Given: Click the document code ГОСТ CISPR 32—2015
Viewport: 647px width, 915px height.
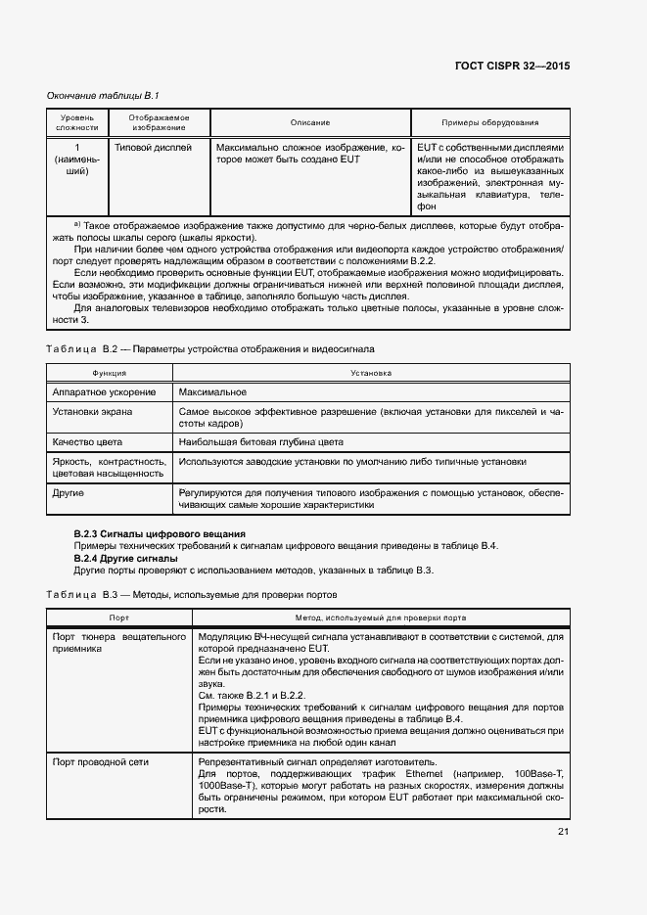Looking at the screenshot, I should (x=512, y=66).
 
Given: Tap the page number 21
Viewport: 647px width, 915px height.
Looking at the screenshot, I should (x=563, y=832).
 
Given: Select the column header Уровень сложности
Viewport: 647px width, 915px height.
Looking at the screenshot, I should (x=77, y=122).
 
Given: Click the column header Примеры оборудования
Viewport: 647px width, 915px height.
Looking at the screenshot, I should (x=489, y=122).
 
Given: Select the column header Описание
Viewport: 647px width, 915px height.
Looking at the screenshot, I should (x=309, y=122).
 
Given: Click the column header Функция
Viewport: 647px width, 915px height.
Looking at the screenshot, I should (x=109, y=373).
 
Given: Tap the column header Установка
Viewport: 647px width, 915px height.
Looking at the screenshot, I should (x=370, y=373).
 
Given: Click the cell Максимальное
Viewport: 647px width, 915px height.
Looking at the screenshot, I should (x=212, y=392).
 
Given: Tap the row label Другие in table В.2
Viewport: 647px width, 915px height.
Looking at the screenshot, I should (x=69, y=492).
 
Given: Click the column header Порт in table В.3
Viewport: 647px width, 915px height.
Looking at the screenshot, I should (x=119, y=618).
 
